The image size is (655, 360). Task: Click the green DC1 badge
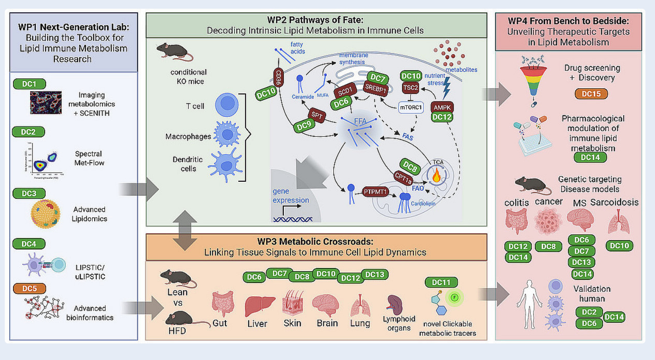click(x=29, y=84)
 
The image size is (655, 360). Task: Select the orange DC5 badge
click(x=29, y=288)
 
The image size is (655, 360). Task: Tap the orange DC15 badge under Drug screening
click(x=591, y=94)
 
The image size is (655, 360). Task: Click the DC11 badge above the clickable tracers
click(x=441, y=282)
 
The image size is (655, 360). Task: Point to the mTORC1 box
click(x=411, y=107)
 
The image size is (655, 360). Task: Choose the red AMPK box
click(x=442, y=107)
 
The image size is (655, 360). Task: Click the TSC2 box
click(x=411, y=88)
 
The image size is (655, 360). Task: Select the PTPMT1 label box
click(x=375, y=191)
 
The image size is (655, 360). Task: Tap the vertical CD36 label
click(x=278, y=78)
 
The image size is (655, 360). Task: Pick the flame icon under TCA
click(x=436, y=175)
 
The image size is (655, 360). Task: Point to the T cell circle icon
click(x=227, y=105)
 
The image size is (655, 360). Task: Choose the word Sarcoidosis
click(x=614, y=202)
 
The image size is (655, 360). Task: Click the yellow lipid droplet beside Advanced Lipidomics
click(x=45, y=214)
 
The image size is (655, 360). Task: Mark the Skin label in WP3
click(x=292, y=323)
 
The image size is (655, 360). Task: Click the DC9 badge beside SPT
click(x=304, y=126)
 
